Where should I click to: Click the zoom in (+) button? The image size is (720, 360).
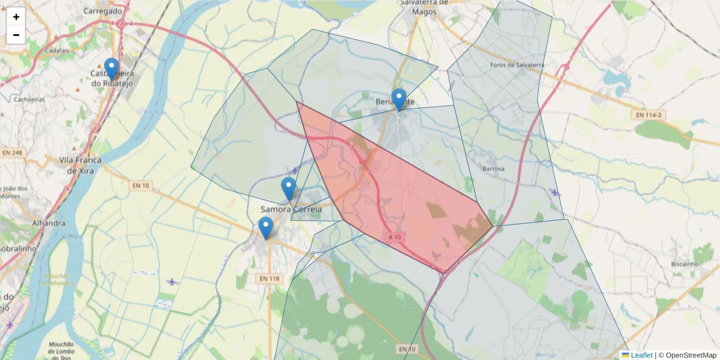coord(16,17)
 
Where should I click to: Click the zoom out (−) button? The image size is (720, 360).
coord(16,35)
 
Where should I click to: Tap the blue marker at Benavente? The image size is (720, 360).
coord(398,99)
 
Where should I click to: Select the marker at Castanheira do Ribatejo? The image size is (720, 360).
coord(111,68)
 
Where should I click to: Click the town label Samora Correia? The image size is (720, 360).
coord(291,209)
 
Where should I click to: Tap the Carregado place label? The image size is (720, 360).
coord(103,11)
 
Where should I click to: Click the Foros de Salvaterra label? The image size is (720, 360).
coord(517,65)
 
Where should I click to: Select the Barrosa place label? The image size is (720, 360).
coord(493,169)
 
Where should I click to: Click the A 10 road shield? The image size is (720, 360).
coord(394,238)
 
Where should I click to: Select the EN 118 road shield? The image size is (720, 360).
coord(271,278)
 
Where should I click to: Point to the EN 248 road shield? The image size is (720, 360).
coord(11,153)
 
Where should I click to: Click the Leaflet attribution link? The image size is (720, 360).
coord(641,355)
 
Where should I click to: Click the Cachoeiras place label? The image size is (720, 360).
coord(29,100)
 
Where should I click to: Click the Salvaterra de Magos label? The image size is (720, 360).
coord(424,6)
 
